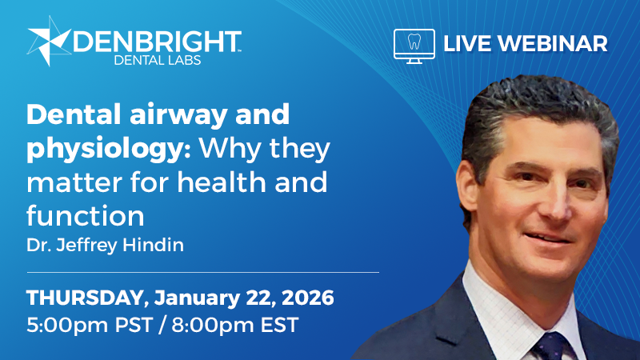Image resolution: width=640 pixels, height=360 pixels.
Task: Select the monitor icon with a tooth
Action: (x=414, y=44)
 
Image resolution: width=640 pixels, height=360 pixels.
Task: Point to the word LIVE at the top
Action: (x=467, y=43)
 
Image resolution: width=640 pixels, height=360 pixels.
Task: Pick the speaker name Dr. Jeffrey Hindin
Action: (x=105, y=246)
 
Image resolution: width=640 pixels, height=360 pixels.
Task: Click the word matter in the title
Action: (x=68, y=182)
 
